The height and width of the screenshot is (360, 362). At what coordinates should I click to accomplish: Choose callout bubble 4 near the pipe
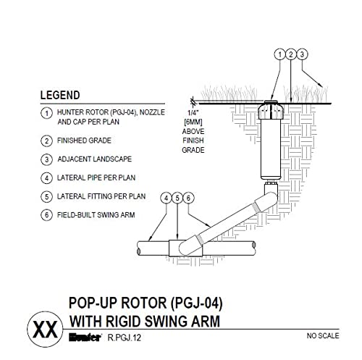(x=167, y=197)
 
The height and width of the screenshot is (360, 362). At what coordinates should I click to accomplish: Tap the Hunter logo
(x=85, y=336)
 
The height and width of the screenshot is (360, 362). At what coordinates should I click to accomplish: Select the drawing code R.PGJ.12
(x=123, y=336)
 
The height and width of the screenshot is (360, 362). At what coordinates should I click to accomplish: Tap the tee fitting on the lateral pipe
(x=177, y=248)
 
